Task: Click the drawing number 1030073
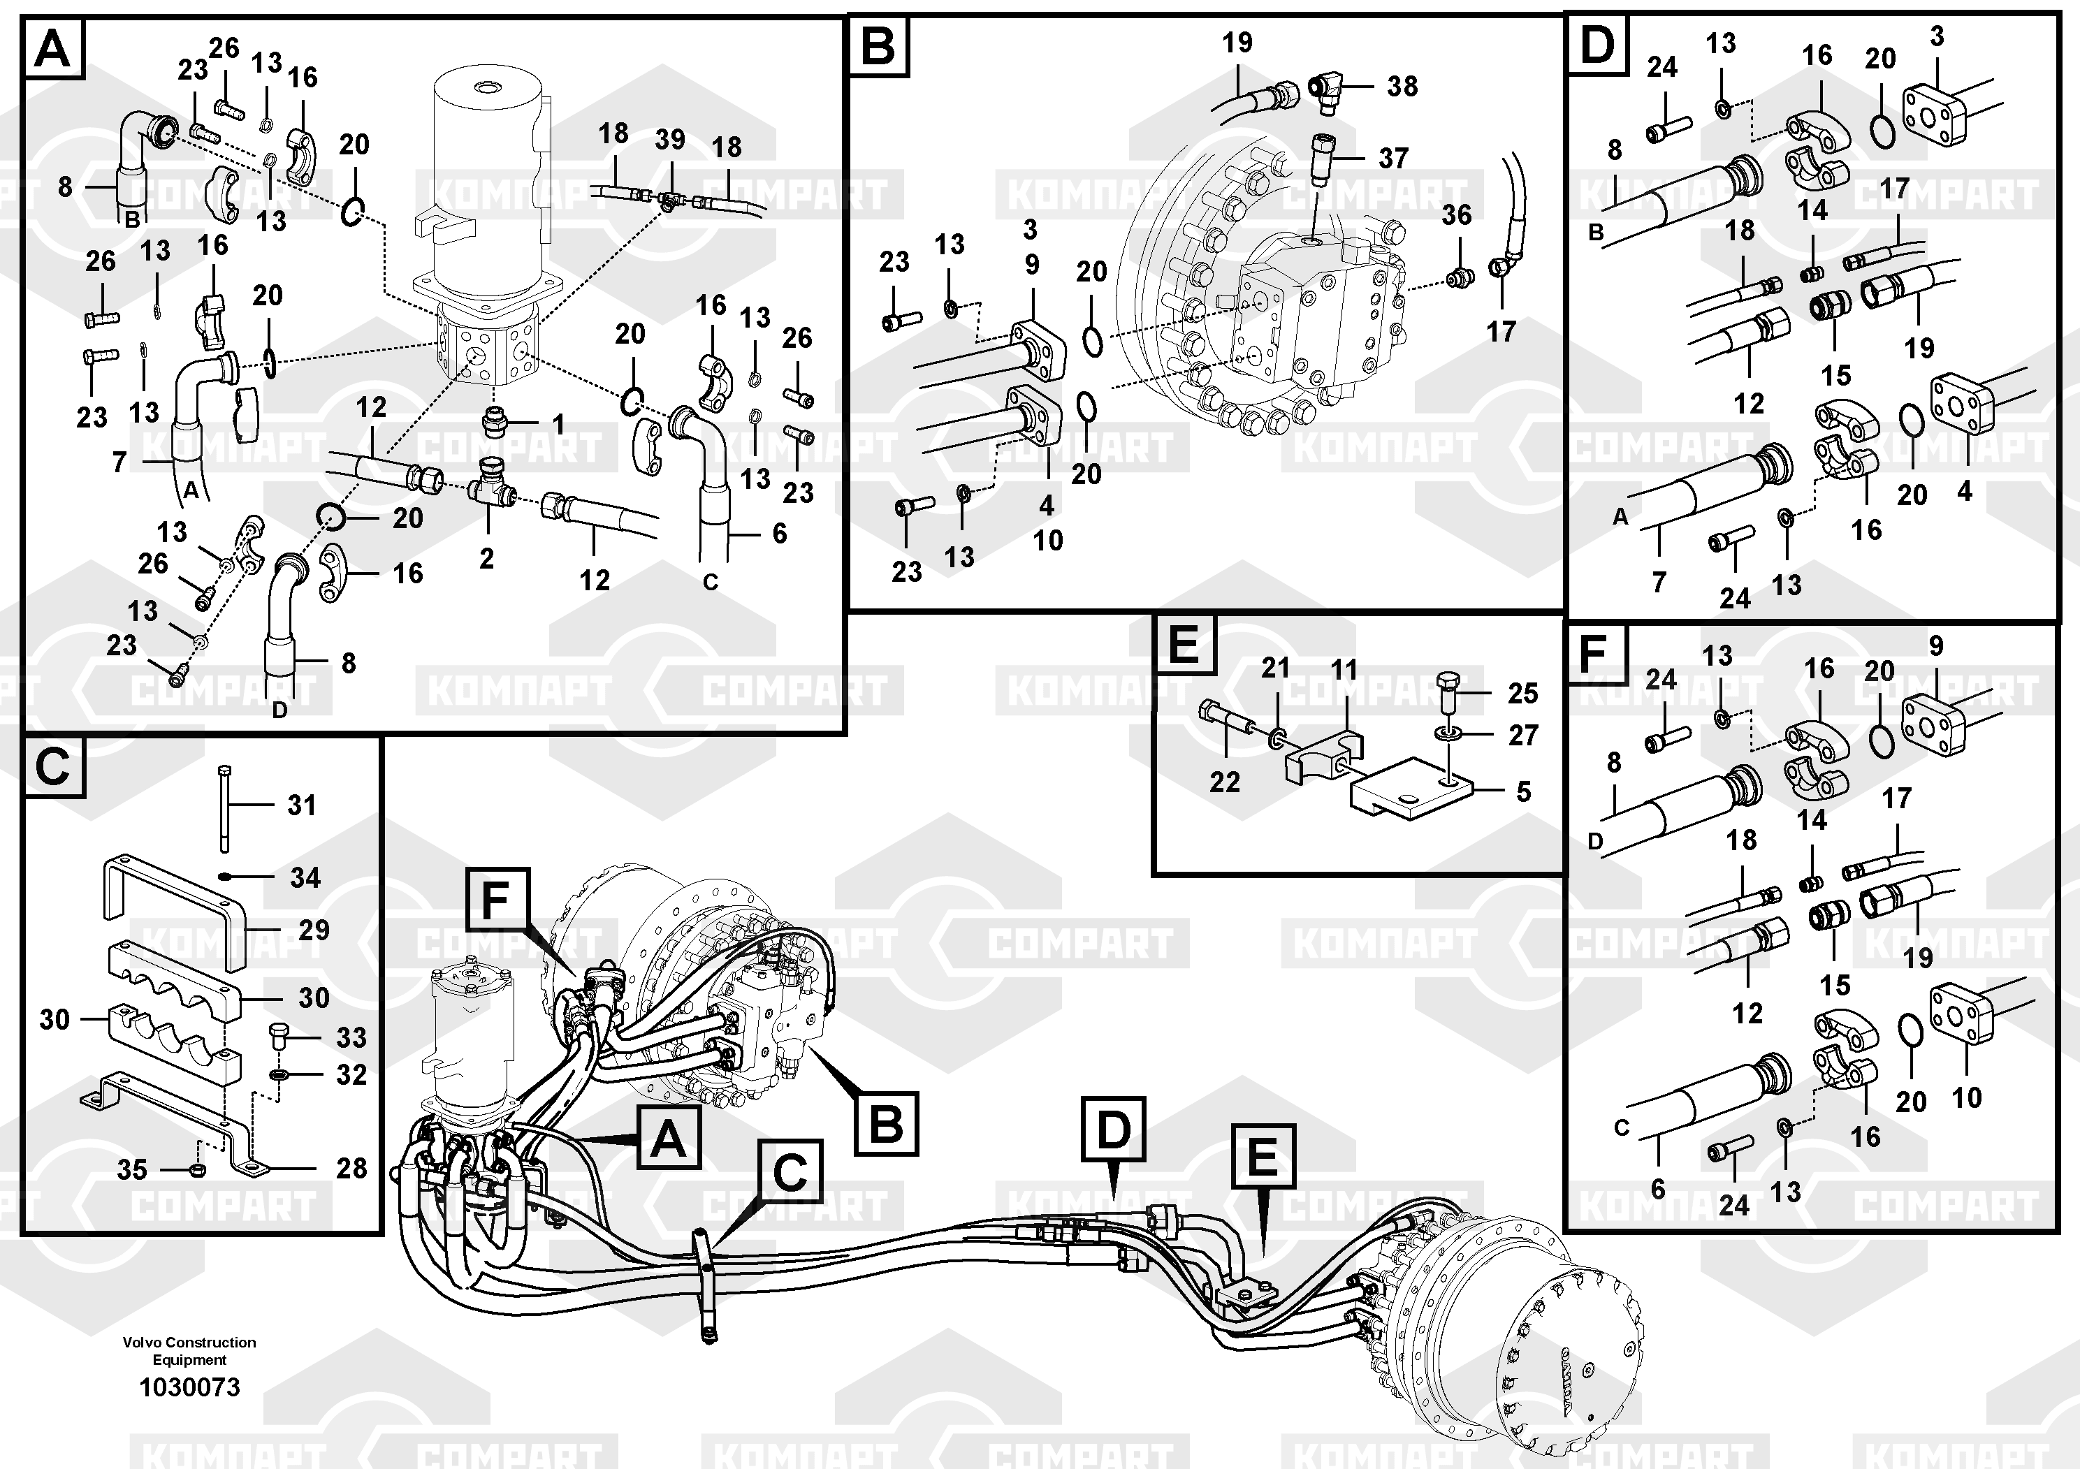189,1387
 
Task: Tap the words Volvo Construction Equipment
189,1350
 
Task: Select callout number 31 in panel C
302,804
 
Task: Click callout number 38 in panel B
1402,86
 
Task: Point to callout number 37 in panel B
1393,158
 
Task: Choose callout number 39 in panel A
670,140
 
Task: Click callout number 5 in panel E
1524,791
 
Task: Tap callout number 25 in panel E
1523,694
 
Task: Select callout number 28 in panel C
351,1169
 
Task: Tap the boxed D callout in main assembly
1114,1128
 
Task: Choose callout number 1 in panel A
559,424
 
